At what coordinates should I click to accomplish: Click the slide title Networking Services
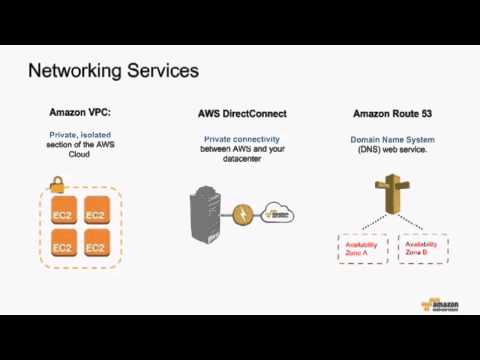(x=113, y=71)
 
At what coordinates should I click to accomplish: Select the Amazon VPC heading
(x=80, y=113)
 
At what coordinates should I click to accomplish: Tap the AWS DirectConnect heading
(x=242, y=114)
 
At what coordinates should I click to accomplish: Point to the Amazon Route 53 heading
(x=392, y=114)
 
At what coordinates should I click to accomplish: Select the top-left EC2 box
(x=63, y=214)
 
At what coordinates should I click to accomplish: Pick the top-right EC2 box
(x=96, y=214)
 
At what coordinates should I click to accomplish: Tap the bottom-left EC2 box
(x=63, y=246)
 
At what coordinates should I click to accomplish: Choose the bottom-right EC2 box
(x=96, y=246)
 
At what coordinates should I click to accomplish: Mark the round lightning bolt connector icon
(x=243, y=214)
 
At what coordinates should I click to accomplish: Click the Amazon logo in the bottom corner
(x=439, y=304)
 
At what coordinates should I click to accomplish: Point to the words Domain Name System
(x=392, y=140)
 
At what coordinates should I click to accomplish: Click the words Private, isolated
(x=80, y=134)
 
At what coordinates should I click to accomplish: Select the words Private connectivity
(x=242, y=139)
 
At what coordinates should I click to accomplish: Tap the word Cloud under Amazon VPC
(x=80, y=155)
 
